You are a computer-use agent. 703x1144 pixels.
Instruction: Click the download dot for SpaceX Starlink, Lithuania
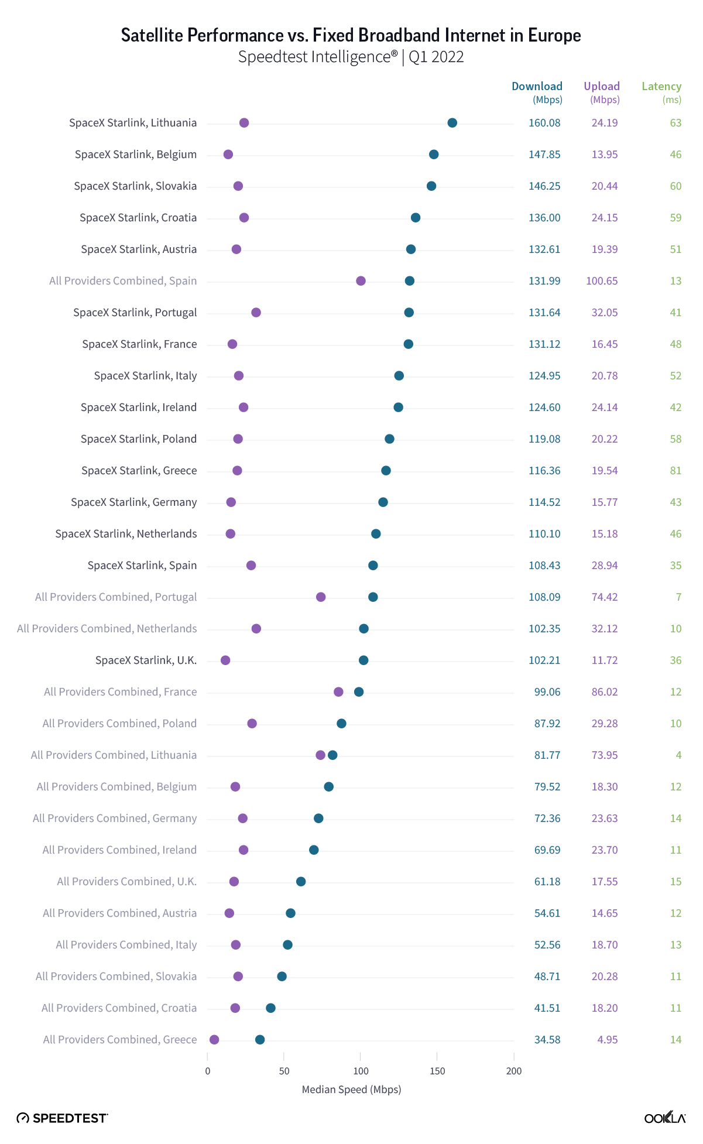[x=452, y=123]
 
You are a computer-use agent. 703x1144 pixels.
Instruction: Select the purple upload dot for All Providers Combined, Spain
[x=361, y=281]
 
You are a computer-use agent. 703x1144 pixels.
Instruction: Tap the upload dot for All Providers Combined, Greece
[x=214, y=1040]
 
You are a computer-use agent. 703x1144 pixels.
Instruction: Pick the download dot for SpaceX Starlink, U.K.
[x=363, y=660]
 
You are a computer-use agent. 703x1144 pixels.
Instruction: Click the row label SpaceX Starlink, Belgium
[x=135, y=155]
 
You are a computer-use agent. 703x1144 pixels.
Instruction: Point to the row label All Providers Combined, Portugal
[x=116, y=597]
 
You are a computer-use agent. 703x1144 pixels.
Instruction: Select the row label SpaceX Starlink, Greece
[x=139, y=471]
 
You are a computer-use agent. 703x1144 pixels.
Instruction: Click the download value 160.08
[x=544, y=123]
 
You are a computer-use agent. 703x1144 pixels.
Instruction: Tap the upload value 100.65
[x=602, y=281]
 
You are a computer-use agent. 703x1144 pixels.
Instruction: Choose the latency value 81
[x=675, y=471]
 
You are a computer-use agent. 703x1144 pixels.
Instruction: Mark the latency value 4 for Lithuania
[x=678, y=755]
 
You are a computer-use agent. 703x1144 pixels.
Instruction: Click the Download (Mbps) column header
[x=537, y=93]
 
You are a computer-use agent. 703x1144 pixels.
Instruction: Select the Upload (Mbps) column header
[x=602, y=93]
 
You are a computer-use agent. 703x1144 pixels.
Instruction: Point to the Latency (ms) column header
[x=661, y=93]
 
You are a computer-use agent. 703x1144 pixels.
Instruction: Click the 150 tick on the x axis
[x=437, y=1071]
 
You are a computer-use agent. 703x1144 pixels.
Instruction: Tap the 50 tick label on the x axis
[x=284, y=1071]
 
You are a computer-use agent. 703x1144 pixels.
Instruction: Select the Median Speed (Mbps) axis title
[x=351, y=1090]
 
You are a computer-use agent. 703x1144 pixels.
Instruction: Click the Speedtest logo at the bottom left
[x=62, y=1118]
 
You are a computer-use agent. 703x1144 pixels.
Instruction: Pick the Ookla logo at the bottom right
[x=665, y=1118]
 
